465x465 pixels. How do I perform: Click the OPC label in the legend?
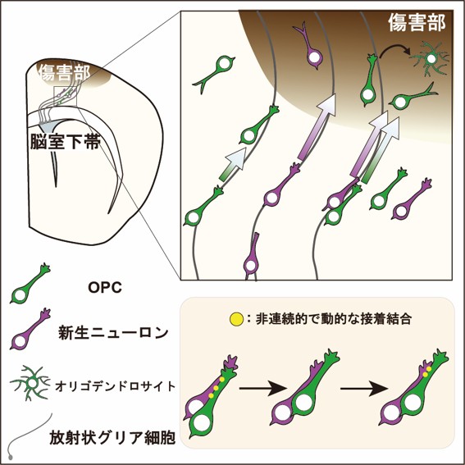[105, 287]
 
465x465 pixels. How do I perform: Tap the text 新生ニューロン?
[113, 332]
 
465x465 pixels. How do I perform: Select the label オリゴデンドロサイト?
[116, 386]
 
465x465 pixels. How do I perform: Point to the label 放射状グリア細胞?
[112, 437]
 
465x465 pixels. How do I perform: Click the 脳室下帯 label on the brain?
[65, 142]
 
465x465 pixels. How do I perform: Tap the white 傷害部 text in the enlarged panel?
[417, 22]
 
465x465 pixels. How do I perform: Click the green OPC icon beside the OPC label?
[30, 284]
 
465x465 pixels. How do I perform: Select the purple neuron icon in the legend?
[30, 329]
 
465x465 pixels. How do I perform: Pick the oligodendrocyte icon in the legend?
[30, 383]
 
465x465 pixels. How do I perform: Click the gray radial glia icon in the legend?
[28, 435]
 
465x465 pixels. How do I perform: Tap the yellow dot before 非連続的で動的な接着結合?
[236, 319]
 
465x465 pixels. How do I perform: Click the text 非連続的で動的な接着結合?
[333, 319]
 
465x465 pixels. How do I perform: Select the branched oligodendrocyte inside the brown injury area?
[430, 59]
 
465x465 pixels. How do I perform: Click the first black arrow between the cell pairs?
[263, 388]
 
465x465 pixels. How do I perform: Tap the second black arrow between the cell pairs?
[364, 388]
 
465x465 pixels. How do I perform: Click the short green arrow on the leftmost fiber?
[233, 164]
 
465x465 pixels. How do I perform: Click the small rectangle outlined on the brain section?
[66, 97]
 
